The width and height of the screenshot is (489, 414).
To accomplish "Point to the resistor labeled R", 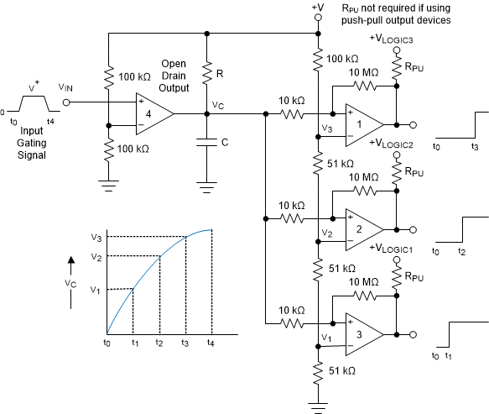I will point(207,75).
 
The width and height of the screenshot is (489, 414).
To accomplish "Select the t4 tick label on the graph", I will point(211,343).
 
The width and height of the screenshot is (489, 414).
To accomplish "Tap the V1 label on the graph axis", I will point(96,290).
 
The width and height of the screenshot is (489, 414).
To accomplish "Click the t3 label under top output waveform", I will point(476,146).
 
